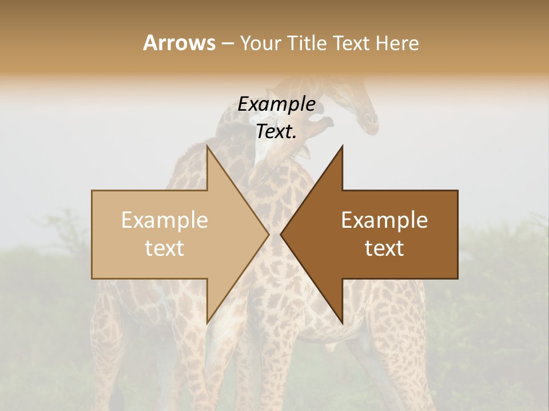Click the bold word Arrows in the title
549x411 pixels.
point(179,43)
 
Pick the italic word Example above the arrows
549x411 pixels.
point(277,104)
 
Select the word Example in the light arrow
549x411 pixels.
point(165,220)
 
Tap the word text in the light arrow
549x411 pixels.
point(165,248)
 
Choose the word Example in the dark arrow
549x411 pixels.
point(384,220)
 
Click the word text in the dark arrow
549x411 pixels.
point(384,248)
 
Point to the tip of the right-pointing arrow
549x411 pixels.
point(269,235)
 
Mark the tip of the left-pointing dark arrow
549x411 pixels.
point(281,235)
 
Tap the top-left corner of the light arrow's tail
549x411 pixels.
point(92,191)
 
